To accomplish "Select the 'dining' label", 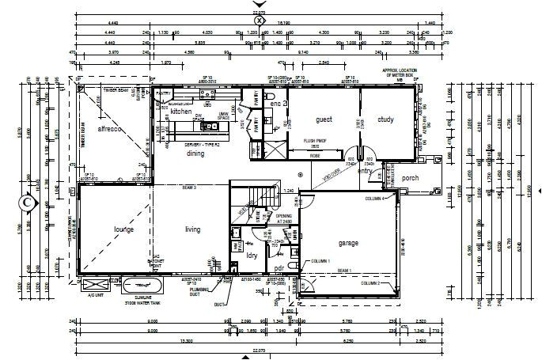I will (x=195, y=154).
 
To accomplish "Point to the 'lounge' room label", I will (x=123, y=229).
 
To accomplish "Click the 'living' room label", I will (x=192, y=229).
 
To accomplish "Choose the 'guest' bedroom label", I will (x=324, y=120).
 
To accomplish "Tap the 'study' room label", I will (x=385, y=120).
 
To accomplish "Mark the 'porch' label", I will (x=409, y=178).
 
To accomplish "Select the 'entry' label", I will (x=365, y=170).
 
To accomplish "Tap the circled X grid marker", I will (x=270, y=20).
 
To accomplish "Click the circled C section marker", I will (x=28, y=202).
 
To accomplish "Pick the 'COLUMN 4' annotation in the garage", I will (x=374, y=199).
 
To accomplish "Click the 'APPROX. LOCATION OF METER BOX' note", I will (x=400, y=74).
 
